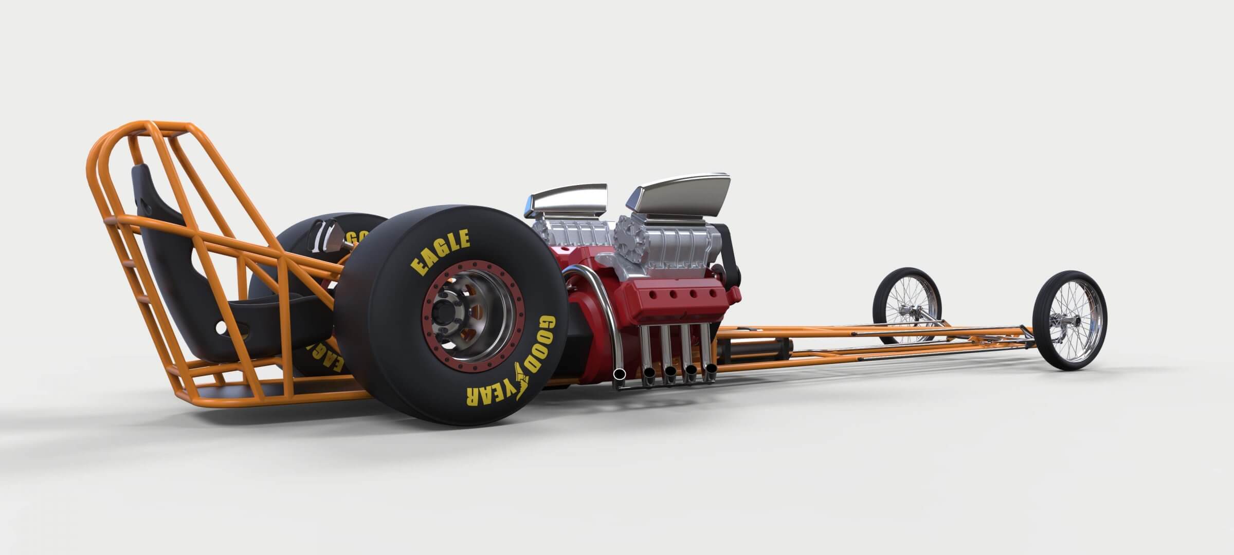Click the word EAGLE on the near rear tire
tap(440, 251)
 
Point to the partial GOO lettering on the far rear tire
tap(357, 237)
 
